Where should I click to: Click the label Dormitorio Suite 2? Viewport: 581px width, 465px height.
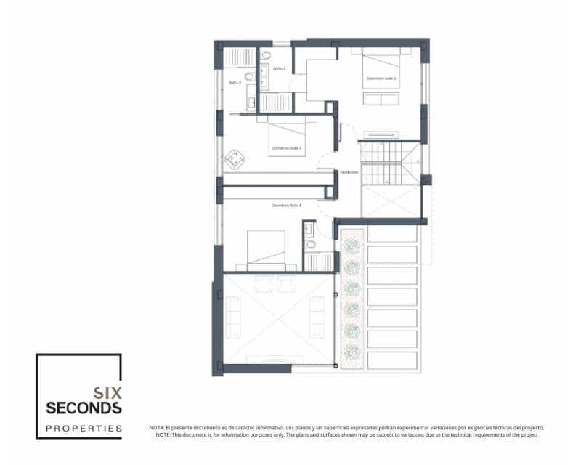381,78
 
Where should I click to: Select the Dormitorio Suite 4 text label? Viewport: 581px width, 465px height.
286,206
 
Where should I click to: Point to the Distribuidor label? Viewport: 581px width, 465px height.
350,172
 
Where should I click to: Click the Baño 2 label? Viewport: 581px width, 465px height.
280,68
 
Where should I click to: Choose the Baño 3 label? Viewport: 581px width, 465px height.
235,83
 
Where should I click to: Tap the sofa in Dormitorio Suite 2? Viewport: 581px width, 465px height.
381,99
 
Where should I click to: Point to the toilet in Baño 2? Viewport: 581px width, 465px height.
266,55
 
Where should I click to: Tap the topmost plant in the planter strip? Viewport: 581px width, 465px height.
353,246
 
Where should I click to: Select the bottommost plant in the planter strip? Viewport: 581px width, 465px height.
353,352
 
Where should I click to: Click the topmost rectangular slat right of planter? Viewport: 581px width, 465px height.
392,234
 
